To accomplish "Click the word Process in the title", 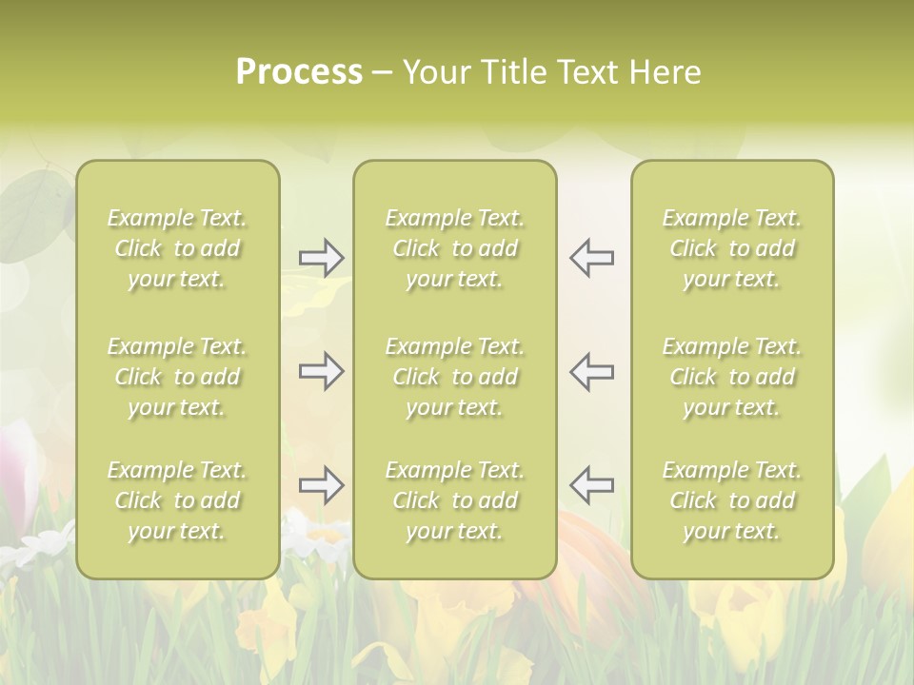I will (299, 72).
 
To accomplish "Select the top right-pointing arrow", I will (321, 258).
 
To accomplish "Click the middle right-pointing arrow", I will (321, 371).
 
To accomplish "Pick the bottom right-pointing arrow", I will (321, 485).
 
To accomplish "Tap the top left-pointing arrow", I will (591, 258).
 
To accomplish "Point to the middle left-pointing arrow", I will (591, 371).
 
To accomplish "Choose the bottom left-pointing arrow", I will (591, 485).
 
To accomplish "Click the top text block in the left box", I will (177, 248).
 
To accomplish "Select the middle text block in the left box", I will (177, 377).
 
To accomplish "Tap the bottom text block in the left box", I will (177, 500).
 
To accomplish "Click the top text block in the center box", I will (455, 248).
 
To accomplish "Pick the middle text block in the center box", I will (455, 377).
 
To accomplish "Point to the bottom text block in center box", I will (455, 500).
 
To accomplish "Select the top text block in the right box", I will (732, 248).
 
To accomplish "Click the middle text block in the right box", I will (732, 377).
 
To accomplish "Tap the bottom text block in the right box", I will (732, 500).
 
